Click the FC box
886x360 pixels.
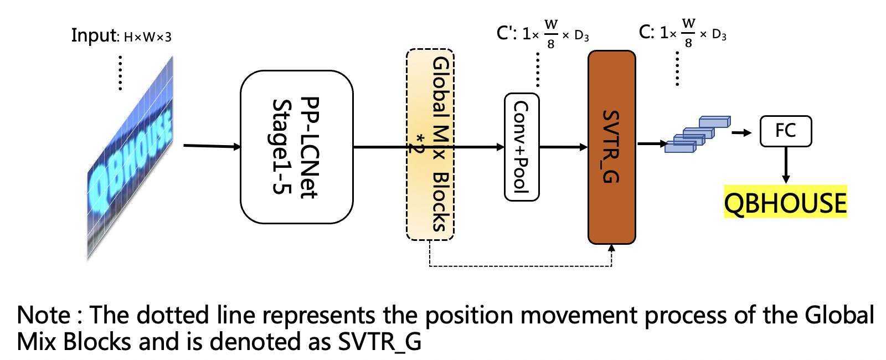(785, 131)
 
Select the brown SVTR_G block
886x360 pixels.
(611, 147)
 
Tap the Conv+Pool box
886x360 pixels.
(522, 147)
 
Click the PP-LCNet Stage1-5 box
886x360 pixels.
(296, 147)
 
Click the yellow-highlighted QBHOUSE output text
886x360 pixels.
(785, 202)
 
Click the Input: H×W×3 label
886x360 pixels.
(121, 36)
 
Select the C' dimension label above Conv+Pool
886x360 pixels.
(543, 34)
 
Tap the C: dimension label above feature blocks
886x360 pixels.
(682, 33)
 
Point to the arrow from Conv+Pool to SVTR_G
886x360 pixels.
(563, 147)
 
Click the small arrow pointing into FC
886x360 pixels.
(741, 132)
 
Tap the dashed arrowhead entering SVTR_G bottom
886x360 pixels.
(611, 249)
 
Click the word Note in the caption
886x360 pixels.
(44, 316)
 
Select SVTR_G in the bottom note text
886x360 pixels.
(379, 342)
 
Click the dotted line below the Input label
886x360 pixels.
(120, 72)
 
